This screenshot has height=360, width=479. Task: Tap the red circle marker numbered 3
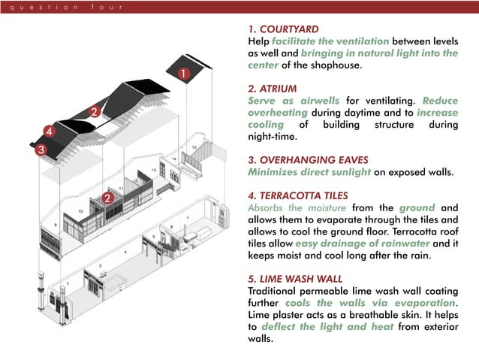click(41, 150)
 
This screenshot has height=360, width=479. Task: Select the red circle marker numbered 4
click(49, 132)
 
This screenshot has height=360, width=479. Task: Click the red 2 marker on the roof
click(94, 112)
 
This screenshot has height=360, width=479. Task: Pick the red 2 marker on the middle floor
click(107, 198)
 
